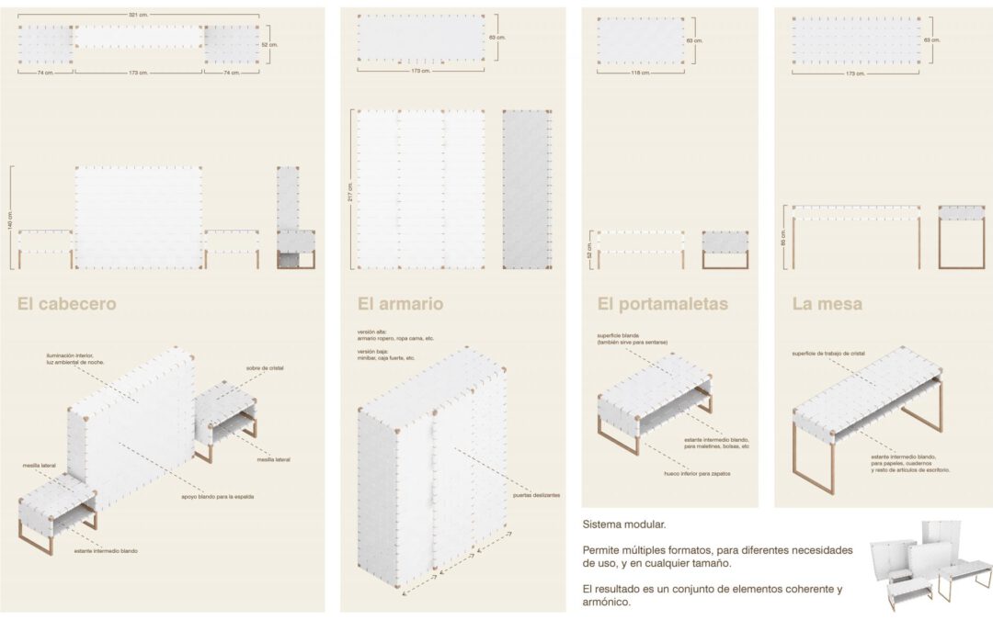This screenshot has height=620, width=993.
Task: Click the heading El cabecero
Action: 67,303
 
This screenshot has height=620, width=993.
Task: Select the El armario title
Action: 400,303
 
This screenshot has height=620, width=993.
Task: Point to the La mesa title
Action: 827,303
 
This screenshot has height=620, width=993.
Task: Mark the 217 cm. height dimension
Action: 350,189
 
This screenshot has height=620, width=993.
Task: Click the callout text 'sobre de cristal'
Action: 265,367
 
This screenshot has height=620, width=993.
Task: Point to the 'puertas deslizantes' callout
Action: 534,495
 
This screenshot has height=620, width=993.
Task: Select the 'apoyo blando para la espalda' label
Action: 218,496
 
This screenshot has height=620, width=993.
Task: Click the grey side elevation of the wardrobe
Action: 527,189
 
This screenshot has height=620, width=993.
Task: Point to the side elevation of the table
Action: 962,236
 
